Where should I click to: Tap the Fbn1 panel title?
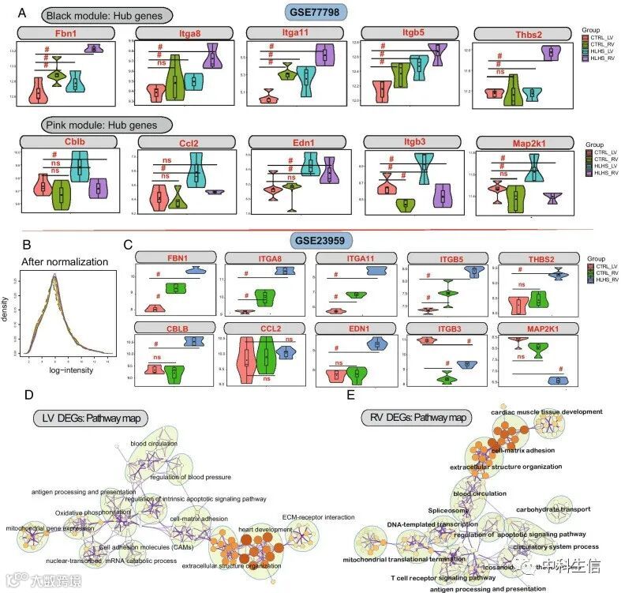tap(66, 34)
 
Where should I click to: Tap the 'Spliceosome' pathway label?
tap(449, 510)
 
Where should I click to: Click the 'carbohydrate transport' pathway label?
tap(554, 509)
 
